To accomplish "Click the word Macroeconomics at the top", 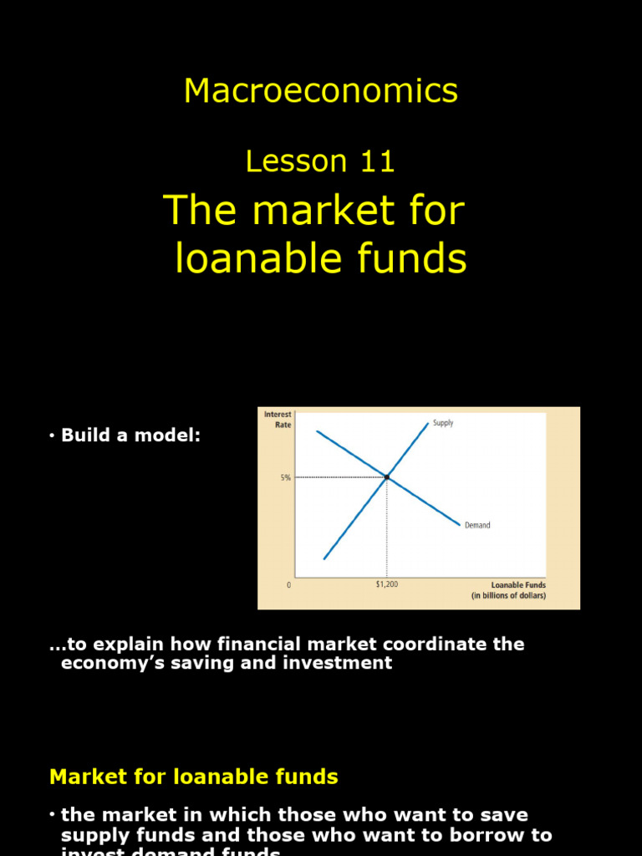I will coord(321,90).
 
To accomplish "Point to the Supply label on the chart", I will coord(443,423).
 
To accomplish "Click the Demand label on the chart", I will coord(477,526).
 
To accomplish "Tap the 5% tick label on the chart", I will coord(285,478).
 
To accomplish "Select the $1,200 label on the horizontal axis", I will coord(386,584).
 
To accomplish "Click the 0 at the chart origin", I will coord(289,585).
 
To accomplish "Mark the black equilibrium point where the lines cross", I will coord(386,477).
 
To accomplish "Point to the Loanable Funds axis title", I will coord(518,585).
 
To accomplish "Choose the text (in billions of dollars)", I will coord(508,596).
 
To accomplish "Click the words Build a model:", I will coord(131,436).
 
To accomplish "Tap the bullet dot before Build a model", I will coord(52,436).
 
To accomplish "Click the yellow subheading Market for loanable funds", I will coord(194,777).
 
